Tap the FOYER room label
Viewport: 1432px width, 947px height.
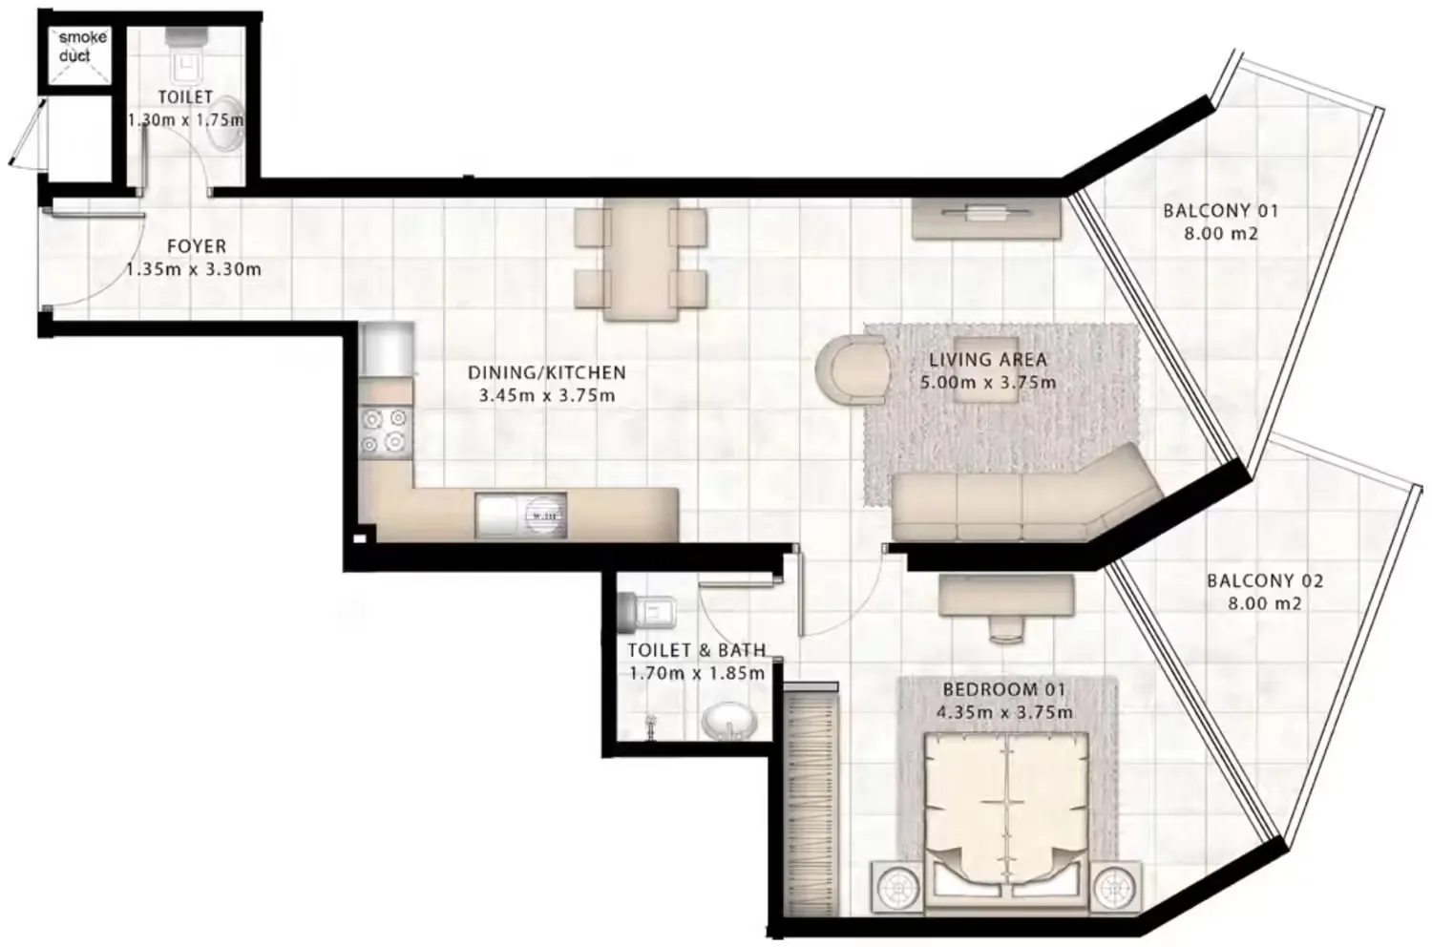click(x=197, y=246)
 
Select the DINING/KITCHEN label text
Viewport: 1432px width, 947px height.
click(x=546, y=372)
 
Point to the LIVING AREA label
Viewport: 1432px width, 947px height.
click(x=988, y=360)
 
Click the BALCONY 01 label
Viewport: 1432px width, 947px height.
click(x=1220, y=211)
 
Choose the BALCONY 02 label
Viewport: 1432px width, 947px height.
click(x=1265, y=580)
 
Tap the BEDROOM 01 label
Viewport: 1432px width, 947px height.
click(x=1003, y=689)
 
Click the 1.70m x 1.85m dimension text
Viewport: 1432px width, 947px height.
click(x=696, y=673)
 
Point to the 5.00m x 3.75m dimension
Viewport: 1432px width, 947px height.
click(x=988, y=383)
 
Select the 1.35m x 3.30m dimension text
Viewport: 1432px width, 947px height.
click(x=194, y=269)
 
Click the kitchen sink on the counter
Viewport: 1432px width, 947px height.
click(x=520, y=516)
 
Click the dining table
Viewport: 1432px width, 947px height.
click(x=641, y=260)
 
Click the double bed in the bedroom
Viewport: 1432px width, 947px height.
click(x=1006, y=811)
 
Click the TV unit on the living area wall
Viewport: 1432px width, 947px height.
click(x=985, y=217)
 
